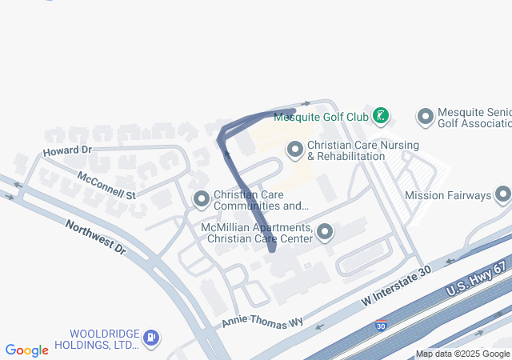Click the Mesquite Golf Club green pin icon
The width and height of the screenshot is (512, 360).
click(x=382, y=117)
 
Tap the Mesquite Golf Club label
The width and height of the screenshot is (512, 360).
click(x=321, y=117)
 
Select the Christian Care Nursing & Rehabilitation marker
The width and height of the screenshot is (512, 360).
click(x=295, y=150)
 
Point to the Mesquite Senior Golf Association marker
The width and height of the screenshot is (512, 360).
click(x=426, y=117)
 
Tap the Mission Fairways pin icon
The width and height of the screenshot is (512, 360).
click(x=503, y=194)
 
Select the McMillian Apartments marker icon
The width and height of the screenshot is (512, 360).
click(x=325, y=233)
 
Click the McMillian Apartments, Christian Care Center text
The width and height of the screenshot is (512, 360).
click(x=258, y=233)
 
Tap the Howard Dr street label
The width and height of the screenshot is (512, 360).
click(x=68, y=150)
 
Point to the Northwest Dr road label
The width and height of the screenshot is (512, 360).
click(x=96, y=237)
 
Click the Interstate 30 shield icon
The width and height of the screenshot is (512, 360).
click(x=381, y=326)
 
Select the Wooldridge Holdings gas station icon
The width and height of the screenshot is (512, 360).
click(x=150, y=338)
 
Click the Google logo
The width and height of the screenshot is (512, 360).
click(x=26, y=350)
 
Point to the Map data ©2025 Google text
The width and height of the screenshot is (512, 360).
click(x=462, y=354)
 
